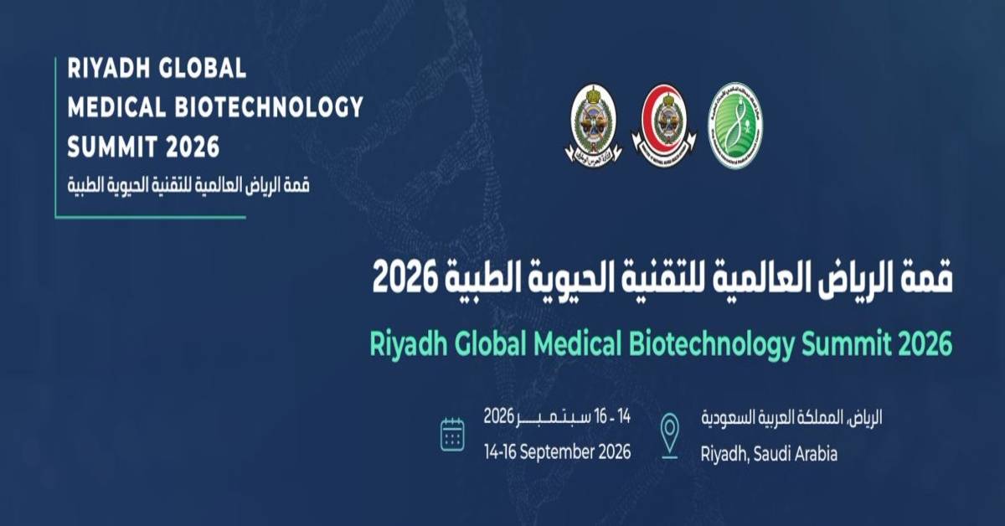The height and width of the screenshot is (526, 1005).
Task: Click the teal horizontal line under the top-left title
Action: pos(151,218)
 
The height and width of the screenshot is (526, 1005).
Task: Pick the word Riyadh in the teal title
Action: pos(406,343)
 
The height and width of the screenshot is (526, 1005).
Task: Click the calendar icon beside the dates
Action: pos(452,434)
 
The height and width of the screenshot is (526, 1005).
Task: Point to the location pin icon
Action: pos(669,434)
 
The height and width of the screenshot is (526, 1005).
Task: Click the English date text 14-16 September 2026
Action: pos(557,453)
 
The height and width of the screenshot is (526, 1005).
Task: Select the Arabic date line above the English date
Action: pos(557,416)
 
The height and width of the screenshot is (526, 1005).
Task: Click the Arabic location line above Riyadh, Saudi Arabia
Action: pos(791,417)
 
